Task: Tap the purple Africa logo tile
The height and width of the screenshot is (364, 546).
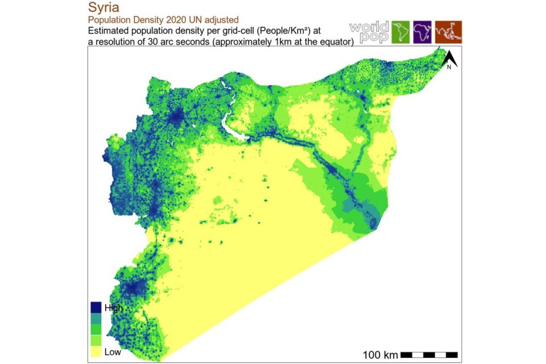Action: click(x=423, y=32)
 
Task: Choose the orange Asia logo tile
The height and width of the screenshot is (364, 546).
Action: click(x=448, y=32)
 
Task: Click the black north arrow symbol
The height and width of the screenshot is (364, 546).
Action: click(x=449, y=57)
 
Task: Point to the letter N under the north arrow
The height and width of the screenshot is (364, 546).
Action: click(x=449, y=67)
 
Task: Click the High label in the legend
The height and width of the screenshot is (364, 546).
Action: click(x=113, y=308)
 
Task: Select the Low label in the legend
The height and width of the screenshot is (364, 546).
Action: click(x=113, y=352)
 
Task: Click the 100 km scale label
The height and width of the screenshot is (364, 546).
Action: click(x=380, y=355)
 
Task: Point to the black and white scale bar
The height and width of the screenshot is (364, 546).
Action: click(x=429, y=355)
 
